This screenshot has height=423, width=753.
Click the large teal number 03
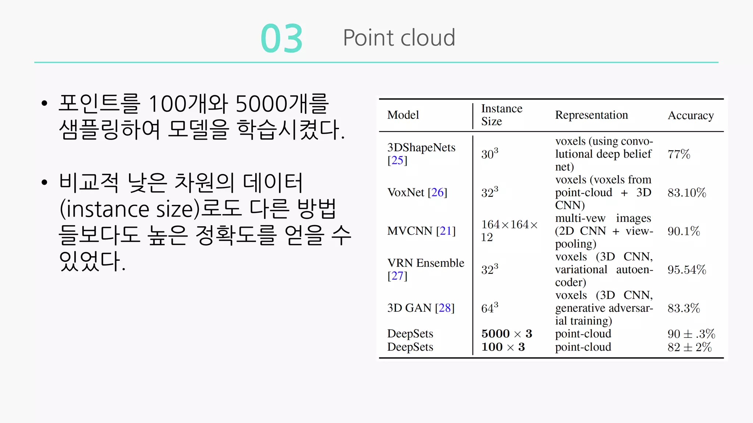point(282,39)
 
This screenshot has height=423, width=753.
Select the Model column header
point(403,115)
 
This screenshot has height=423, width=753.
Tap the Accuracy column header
point(690,115)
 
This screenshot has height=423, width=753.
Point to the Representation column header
point(591,115)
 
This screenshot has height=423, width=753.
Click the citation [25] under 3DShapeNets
point(397,160)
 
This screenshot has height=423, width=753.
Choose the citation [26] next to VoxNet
point(437,192)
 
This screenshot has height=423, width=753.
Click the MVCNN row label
point(410,231)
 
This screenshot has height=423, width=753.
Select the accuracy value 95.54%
point(686,270)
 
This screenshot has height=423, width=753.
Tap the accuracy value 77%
point(679,154)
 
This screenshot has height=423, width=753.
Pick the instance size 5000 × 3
point(507,334)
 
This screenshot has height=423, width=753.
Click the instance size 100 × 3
point(503,347)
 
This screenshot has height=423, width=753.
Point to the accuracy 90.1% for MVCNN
point(684,231)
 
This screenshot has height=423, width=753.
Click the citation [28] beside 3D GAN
point(445,308)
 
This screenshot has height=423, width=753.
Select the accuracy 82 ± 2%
point(689,347)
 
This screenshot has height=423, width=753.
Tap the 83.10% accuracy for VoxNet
point(686,192)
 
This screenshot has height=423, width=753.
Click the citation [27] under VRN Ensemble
point(397,276)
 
